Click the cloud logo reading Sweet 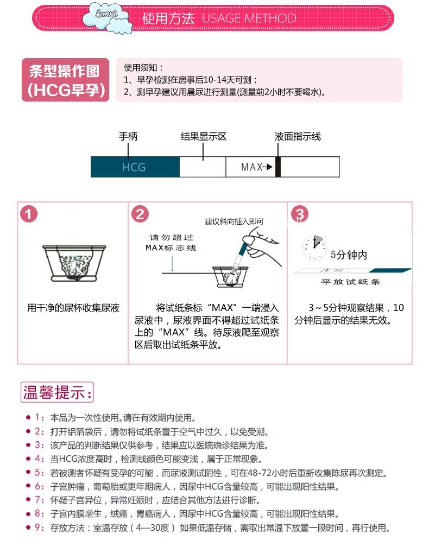(107, 17)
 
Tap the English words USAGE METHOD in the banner (249, 18)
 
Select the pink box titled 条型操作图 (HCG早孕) (65, 80)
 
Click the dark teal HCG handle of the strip (135, 167)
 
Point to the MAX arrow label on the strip (257, 167)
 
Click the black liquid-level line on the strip (278, 167)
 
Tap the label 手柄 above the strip (128, 137)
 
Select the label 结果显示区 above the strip (204, 137)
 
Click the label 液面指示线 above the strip (298, 137)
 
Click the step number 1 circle (29, 214)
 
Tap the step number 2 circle (140, 214)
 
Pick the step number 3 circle (300, 214)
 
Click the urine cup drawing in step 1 (74, 263)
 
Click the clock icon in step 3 (314, 248)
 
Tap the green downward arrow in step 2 (172, 263)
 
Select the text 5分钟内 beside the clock (349, 255)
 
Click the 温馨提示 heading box (57, 392)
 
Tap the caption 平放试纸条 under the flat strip (351, 282)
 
